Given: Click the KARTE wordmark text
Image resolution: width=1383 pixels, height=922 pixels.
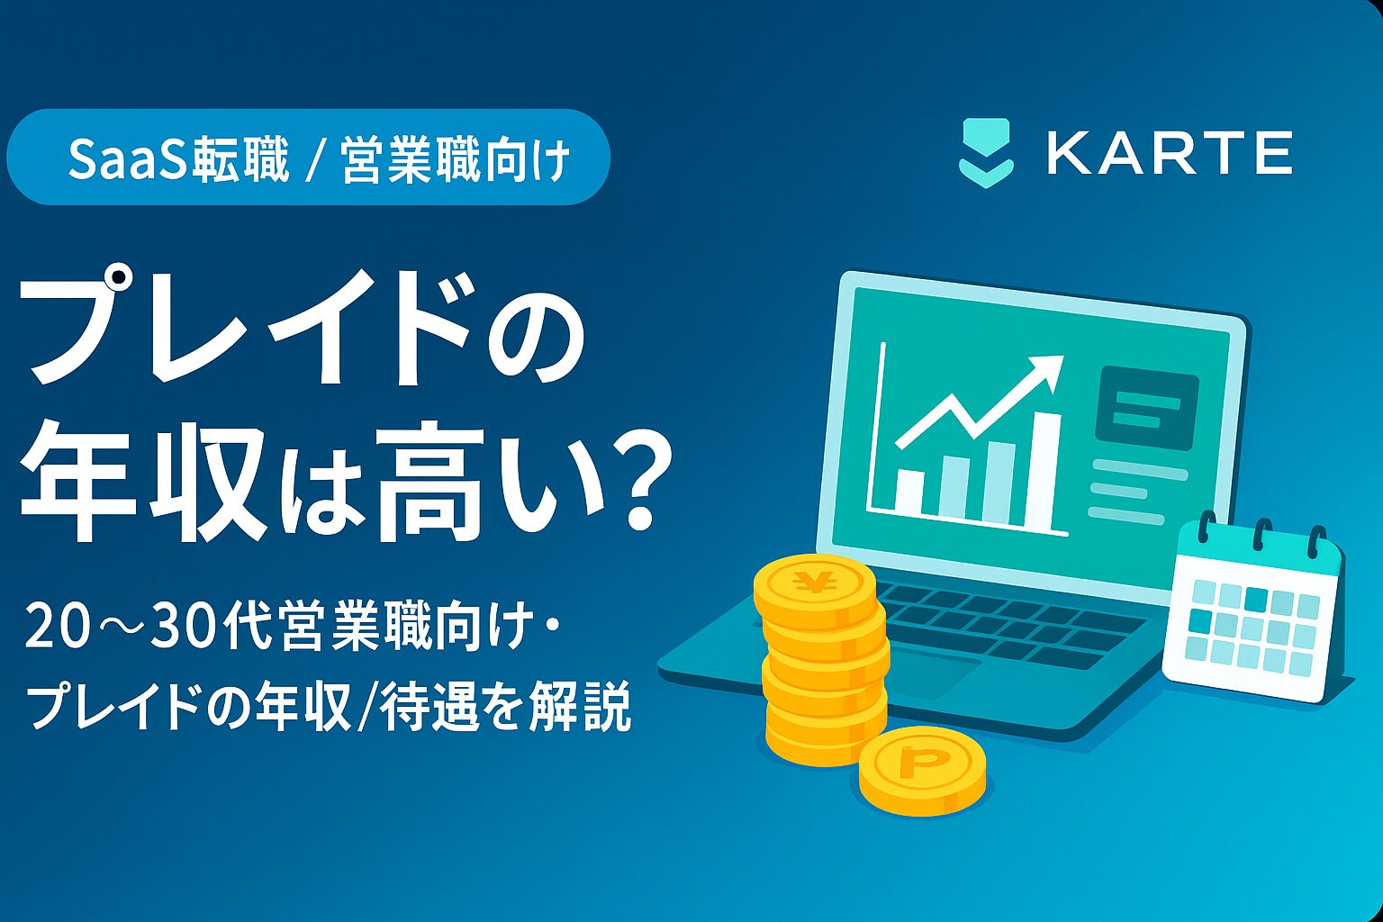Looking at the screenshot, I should coord(1170,153).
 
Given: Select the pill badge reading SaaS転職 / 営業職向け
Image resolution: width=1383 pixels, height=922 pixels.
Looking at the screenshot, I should coord(308,158).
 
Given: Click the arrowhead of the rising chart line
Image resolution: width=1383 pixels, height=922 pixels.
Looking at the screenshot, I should coord(1048,369).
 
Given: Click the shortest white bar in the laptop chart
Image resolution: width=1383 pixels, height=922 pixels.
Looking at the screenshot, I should coord(908,491).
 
